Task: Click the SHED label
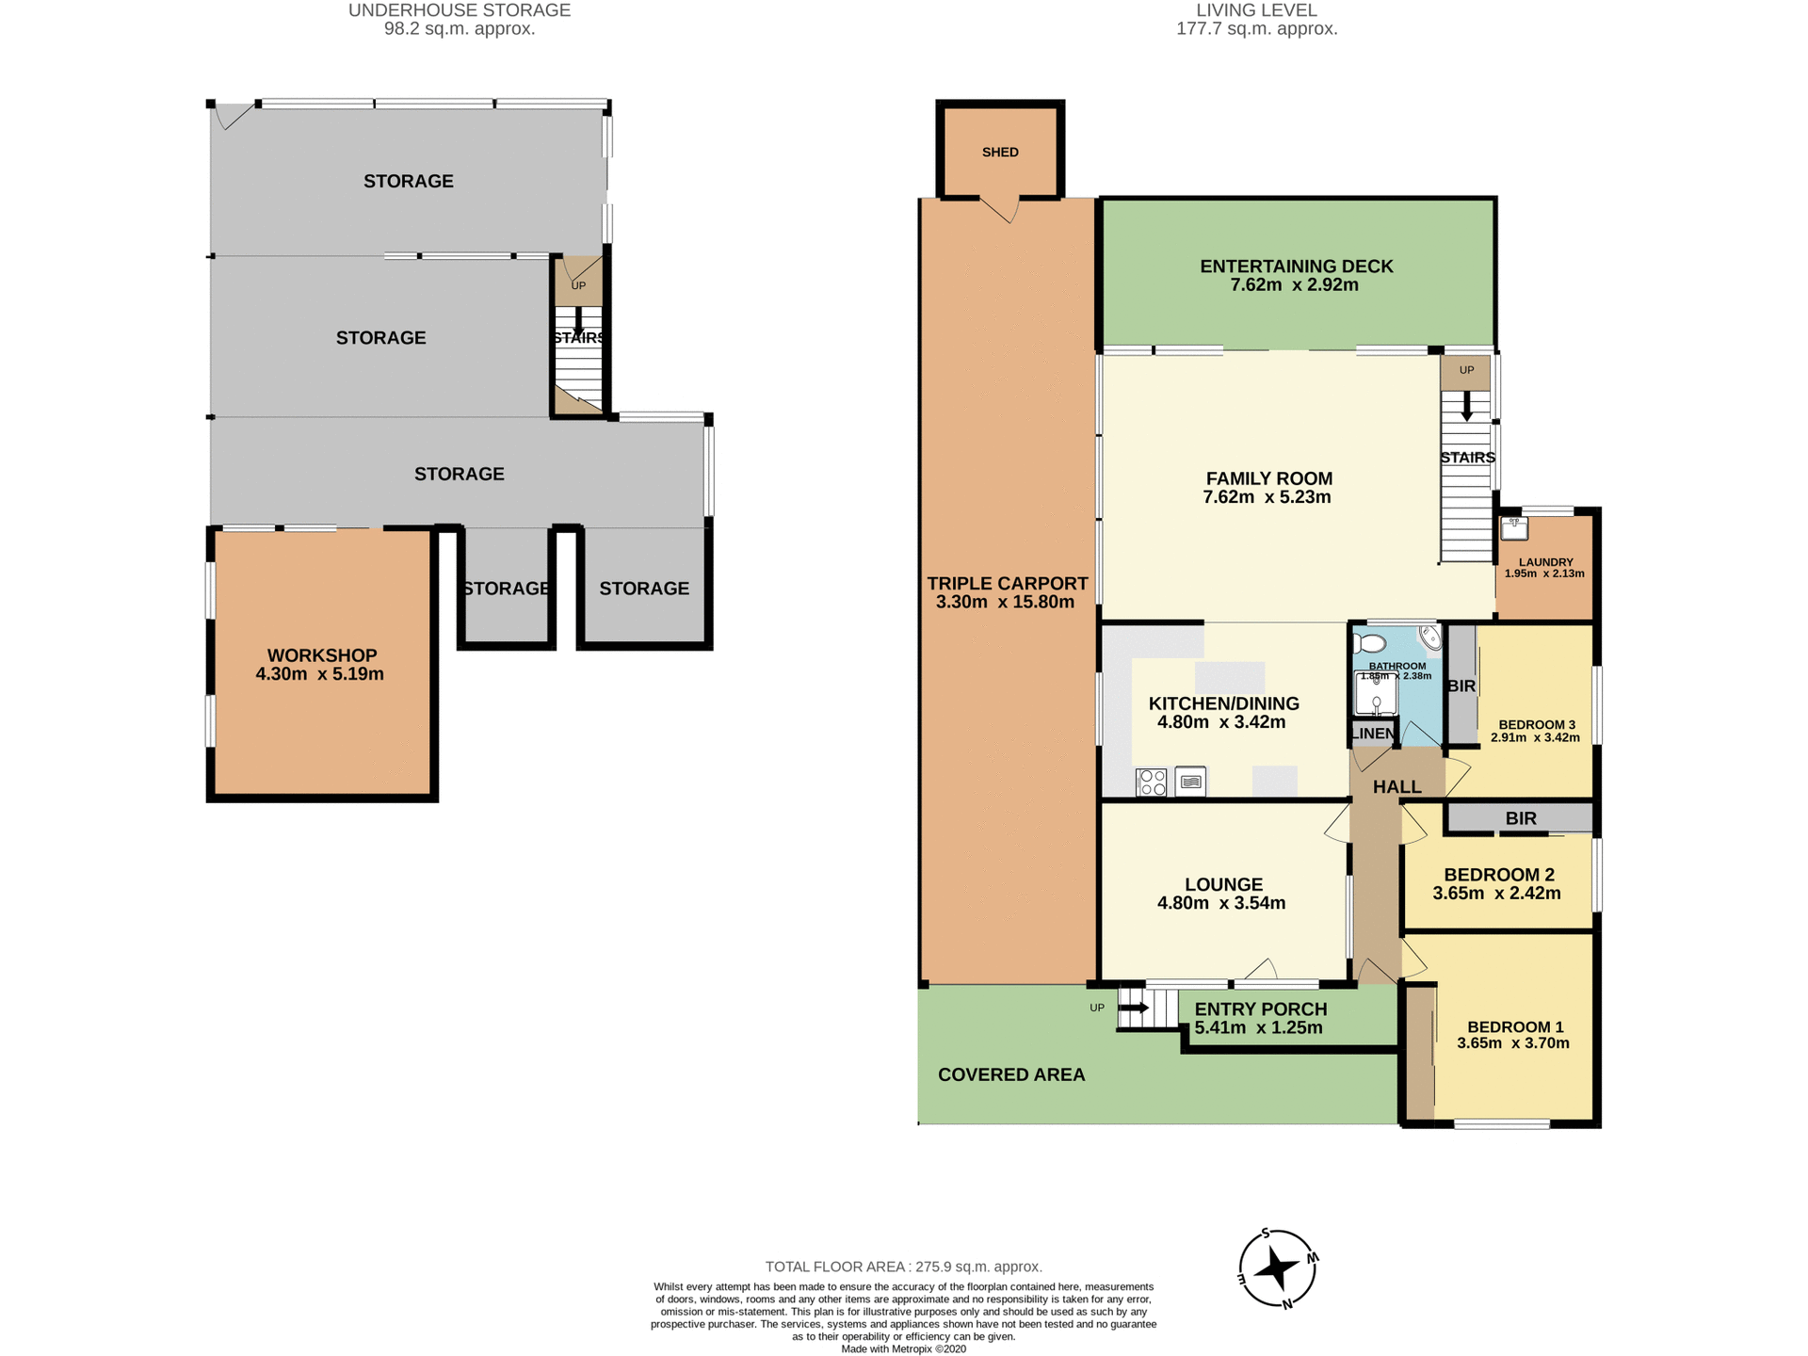pos(1000,153)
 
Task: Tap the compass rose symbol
pos(1277,1268)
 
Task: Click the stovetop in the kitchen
pos(1151,783)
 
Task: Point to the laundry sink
pos(1514,528)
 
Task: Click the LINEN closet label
pos(1372,734)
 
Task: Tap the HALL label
pos(1396,787)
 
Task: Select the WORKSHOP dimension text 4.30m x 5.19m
pos(319,674)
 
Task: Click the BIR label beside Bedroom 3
pos(1461,686)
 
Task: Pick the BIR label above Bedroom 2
pos(1521,818)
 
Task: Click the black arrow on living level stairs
pos(1466,407)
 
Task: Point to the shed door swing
pos(1000,210)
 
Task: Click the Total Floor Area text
pos(903,1267)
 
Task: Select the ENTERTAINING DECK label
pos(1296,266)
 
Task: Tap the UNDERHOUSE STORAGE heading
pos(460,10)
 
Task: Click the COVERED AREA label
pos(1011,1074)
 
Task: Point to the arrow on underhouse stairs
pos(578,322)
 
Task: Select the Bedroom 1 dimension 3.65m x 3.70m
pos(1513,1043)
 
